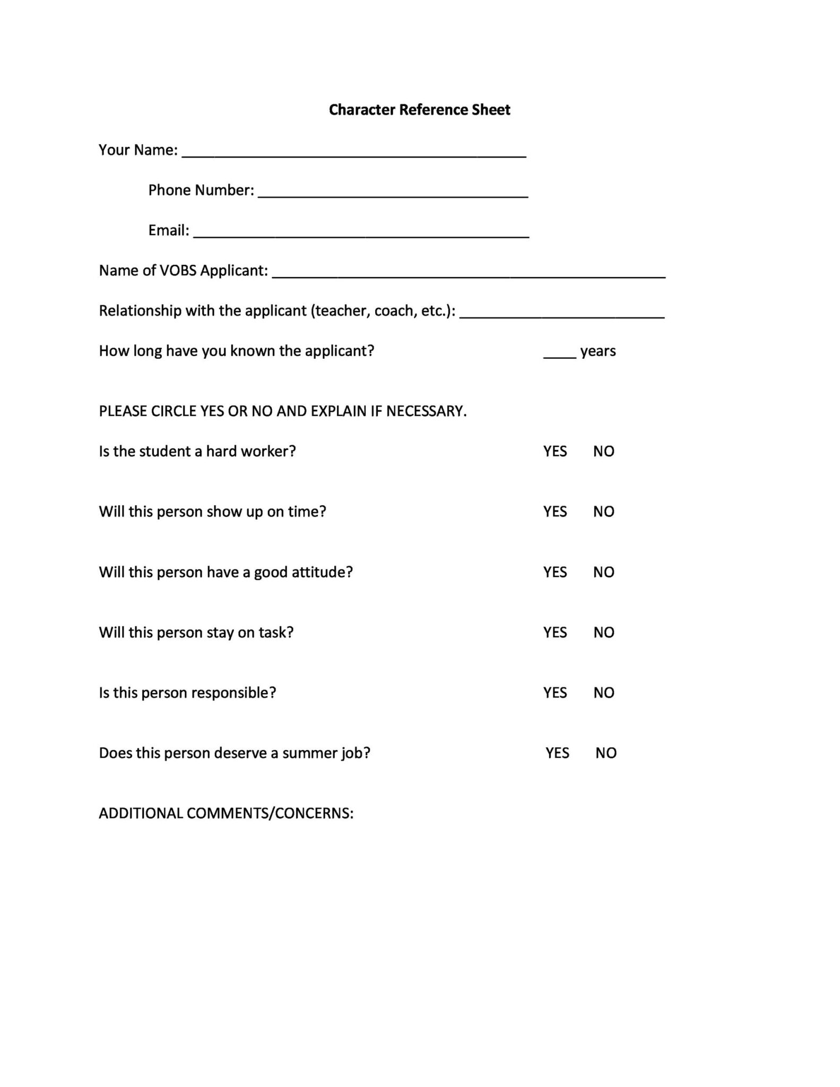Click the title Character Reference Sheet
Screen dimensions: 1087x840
coord(419,110)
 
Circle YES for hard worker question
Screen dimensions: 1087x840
coord(555,451)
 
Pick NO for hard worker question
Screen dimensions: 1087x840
coord(604,451)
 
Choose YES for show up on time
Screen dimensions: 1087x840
coord(555,512)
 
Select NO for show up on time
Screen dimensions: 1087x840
coord(604,512)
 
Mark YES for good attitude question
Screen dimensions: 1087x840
coord(555,572)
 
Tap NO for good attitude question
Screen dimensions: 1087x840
coord(604,572)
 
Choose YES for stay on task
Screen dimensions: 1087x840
coord(555,633)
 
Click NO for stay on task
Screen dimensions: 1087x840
coord(604,633)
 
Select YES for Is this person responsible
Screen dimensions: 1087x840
coord(555,693)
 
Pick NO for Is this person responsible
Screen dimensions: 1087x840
coord(604,693)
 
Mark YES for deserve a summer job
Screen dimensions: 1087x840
coord(557,753)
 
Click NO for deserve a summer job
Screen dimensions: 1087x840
coord(606,753)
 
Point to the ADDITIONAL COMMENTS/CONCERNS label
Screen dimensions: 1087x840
coord(226,814)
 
